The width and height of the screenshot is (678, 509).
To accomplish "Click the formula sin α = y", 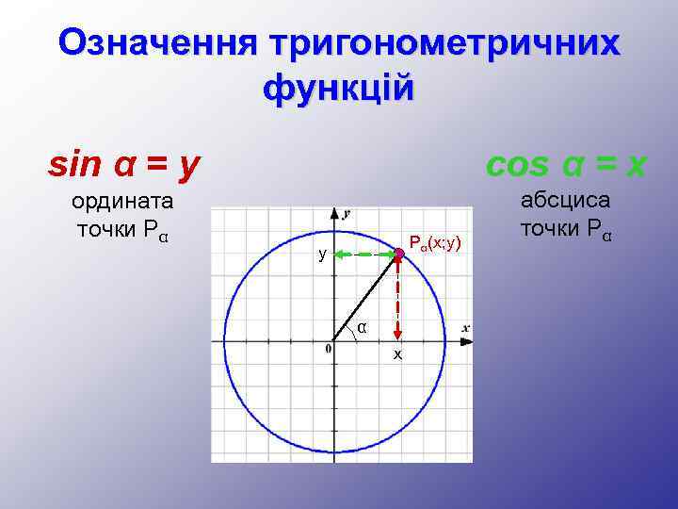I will pyautogui.click(x=124, y=165).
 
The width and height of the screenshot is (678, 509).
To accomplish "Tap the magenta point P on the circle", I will pyautogui.click(x=398, y=253).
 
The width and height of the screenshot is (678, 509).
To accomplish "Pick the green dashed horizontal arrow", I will pyautogui.click(x=363, y=253).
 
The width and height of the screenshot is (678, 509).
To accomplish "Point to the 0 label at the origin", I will pyautogui.click(x=328, y=350).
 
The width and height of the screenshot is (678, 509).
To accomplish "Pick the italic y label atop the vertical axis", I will pyautogui.click(x=347, y=214).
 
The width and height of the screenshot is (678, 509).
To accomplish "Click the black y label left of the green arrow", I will pyautogui.click(x=322, y=254).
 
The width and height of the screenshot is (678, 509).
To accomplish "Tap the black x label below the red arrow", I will pyautogui.click(x=397, y=354).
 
